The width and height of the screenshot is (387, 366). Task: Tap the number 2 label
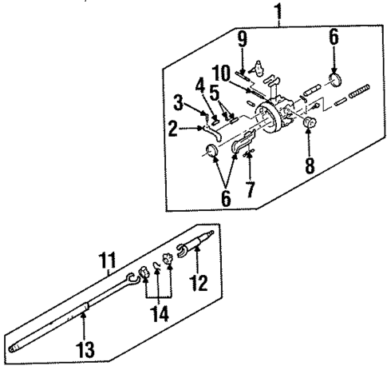click(x=172, y=126)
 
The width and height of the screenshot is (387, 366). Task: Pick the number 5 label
click(x=214, y=90)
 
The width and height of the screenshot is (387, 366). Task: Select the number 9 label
click(x=242, y=37)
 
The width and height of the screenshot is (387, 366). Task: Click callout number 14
click(x=160, y=313)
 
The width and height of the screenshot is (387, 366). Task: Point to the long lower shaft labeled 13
click(x=72, y=324)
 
